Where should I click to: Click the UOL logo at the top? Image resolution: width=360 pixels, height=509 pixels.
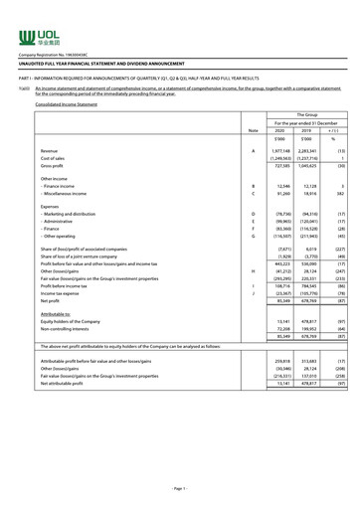tap(31, 16)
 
